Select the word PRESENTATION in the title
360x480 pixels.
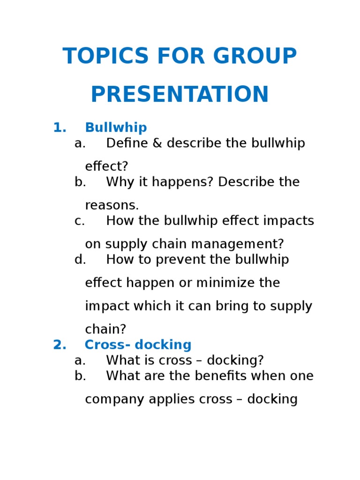tap(180, 95)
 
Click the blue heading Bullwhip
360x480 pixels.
tap(116, 127)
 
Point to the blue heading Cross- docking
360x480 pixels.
tap(138, 345)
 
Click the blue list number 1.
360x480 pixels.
tap(60, 127)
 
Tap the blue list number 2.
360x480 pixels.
tap(60, 345)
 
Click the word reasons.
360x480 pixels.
tap(112, 205)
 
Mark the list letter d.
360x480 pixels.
tap(80, 260)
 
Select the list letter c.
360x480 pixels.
tap(80, 221)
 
